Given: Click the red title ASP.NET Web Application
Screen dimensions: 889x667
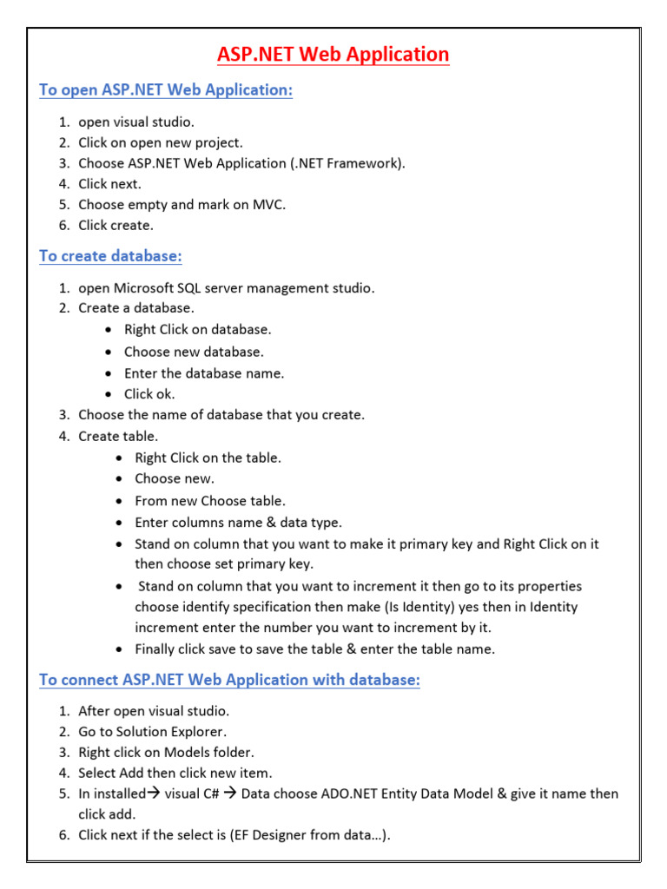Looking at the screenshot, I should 333,55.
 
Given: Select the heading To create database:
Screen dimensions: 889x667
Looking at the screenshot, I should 110,256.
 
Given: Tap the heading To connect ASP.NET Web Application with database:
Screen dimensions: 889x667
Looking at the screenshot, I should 229,680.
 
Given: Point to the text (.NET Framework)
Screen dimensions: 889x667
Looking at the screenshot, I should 351,163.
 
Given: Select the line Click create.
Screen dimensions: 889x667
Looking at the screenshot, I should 116,226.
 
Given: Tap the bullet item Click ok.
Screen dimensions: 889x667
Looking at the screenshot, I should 149,394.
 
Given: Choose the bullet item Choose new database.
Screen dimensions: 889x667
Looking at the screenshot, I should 194,352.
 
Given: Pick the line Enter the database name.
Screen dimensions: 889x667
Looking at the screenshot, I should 204,373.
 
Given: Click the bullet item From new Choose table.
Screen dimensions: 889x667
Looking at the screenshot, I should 209,501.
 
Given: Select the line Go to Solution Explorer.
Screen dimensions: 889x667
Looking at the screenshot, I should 153,732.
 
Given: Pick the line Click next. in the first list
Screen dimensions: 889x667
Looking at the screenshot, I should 109,184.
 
